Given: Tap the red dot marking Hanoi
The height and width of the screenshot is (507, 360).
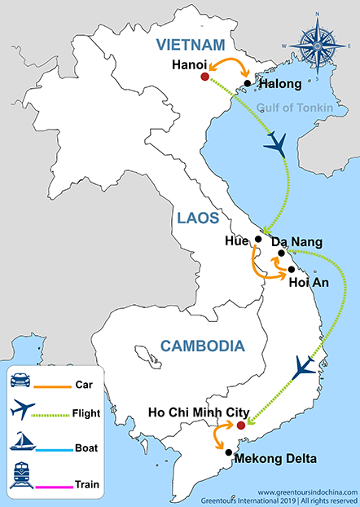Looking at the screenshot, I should tap(204, 77).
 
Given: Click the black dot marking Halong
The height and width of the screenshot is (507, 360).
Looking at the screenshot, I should tap(248, 82).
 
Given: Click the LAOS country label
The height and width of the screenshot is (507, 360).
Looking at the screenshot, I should tap(197, 218).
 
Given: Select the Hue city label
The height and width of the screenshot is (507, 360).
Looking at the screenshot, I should tap(236, 241).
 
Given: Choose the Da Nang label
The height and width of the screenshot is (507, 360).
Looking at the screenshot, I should tap(296, 242).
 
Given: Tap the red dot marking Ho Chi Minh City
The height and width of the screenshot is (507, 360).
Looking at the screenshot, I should tap(240, 425).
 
